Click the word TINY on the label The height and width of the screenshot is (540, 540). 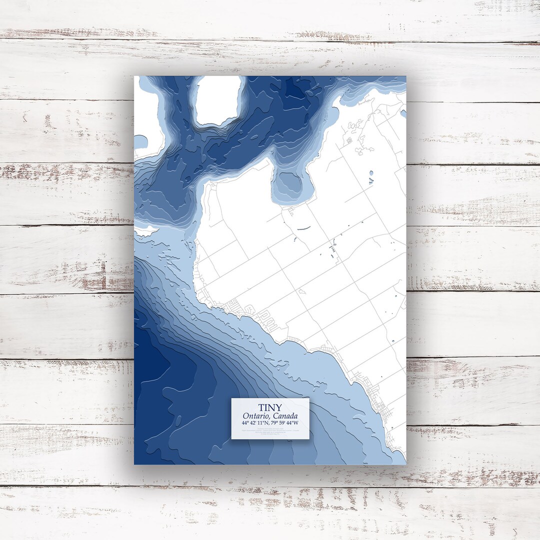(270, 407)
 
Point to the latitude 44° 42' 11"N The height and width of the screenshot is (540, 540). (251, 423)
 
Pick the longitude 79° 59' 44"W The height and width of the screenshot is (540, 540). (289, 423)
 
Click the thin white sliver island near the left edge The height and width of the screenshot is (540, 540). (146, 230)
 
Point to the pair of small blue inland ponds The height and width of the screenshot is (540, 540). (370, 176)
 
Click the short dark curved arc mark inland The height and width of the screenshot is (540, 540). (302, 228)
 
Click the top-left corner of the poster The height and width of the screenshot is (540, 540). (134, 76)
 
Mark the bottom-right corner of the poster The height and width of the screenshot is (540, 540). (405, 464)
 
